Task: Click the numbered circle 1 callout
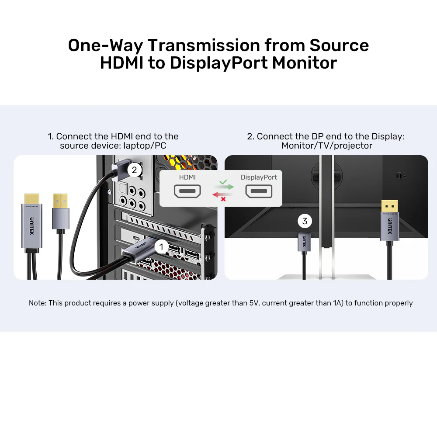[161, 247]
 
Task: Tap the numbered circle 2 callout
[135, 170]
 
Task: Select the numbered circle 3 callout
[305, 221]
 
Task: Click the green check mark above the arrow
[223, 181]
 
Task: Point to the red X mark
[223, 199]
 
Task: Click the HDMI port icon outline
[187, 191]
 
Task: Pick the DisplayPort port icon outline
[259, 191]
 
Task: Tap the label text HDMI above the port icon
[187, 177]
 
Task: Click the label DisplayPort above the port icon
[259, 177]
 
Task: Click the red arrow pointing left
[222, 194]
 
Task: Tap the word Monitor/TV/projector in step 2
[327, 146]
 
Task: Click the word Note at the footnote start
[37, 303]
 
